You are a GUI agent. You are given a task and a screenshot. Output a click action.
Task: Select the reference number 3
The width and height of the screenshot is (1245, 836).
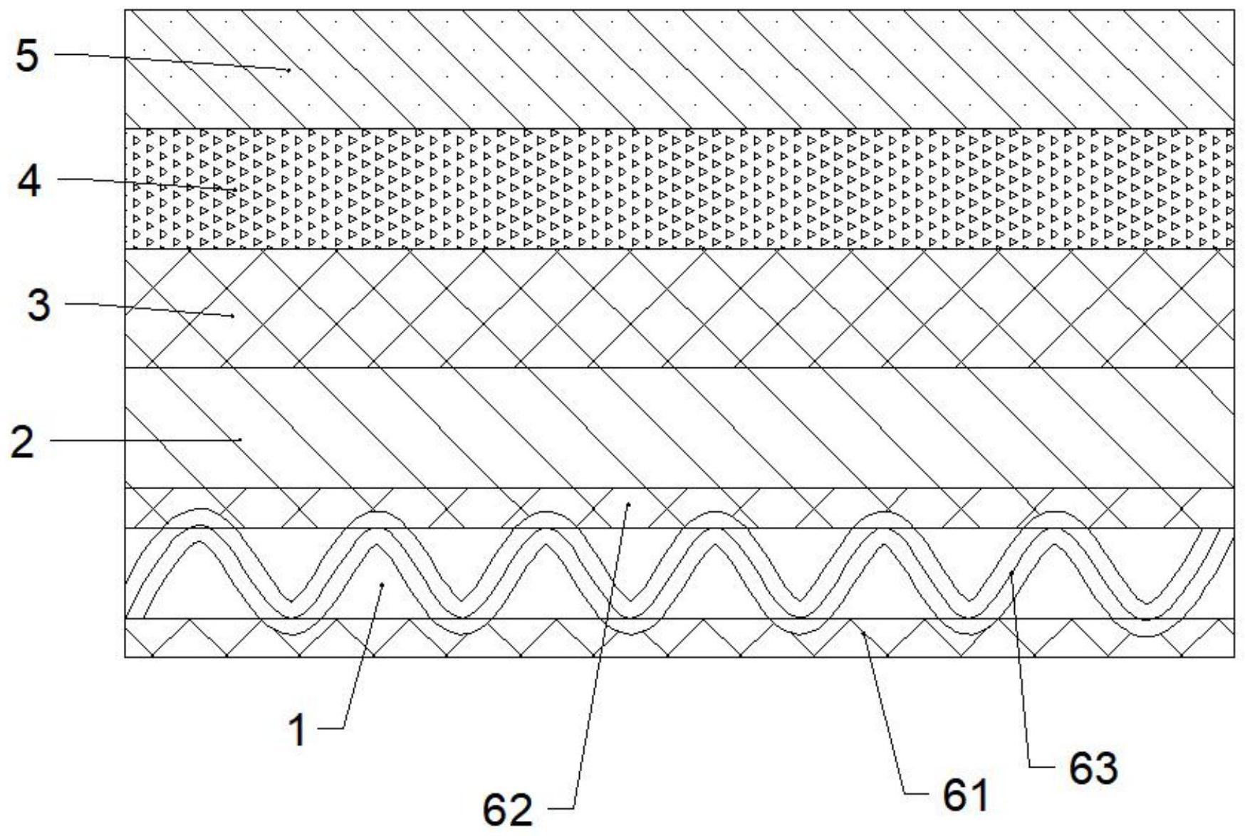39,305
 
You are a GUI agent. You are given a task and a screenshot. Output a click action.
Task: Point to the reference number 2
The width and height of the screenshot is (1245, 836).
22,442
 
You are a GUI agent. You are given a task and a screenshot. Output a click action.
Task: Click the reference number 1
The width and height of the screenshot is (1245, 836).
298,730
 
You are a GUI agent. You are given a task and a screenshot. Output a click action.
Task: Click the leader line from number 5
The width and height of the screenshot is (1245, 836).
171,61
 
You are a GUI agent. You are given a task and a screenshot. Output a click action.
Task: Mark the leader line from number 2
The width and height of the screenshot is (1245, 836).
142,440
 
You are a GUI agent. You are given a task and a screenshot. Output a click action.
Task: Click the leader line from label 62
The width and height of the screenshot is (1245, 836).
602,662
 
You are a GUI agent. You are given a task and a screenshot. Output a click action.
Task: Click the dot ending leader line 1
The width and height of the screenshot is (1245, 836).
382,585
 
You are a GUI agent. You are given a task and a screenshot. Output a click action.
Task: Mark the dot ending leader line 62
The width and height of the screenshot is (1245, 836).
629,504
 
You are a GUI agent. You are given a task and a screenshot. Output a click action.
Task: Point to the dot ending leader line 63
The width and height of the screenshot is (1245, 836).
1011,571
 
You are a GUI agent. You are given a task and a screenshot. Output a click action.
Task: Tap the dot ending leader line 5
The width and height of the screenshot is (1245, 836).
288,69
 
